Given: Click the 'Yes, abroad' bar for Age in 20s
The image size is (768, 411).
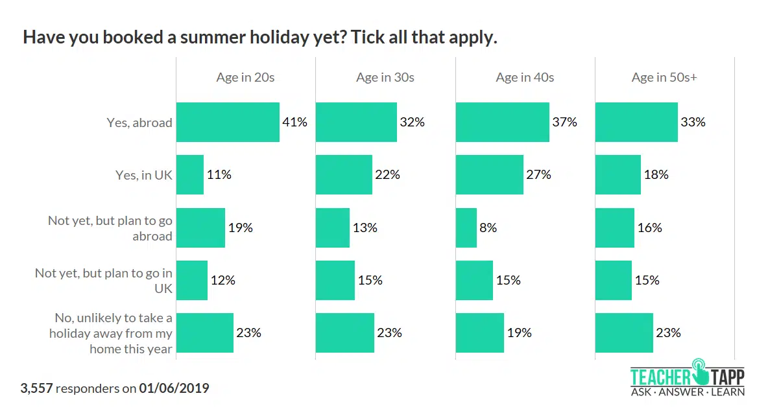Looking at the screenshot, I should (228, 122).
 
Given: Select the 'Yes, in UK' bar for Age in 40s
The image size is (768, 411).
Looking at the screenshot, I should (489, 174).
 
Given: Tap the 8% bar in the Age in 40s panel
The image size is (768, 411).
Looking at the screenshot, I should (466, 228).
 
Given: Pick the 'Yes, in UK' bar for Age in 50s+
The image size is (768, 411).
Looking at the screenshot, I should (618, 174).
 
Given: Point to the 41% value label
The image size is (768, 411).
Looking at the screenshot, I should (294, 122).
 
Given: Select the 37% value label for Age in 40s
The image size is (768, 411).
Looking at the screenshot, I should (564, 122).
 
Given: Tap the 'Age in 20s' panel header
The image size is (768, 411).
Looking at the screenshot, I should (245, 77).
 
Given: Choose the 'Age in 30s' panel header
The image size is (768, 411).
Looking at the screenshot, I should (385, 77).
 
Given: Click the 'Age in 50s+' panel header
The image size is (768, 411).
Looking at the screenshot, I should (664, 77).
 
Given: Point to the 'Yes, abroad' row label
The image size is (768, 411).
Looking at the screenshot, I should (139, 122).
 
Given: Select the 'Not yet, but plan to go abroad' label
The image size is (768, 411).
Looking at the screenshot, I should (110, 228).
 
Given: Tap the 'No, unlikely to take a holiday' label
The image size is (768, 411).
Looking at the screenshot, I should (114, 333).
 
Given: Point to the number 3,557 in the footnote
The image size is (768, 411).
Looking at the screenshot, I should (37, 388).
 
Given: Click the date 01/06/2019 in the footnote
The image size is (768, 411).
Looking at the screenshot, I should (174, 388).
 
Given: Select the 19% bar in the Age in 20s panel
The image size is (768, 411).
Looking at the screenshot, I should (200, 228).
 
